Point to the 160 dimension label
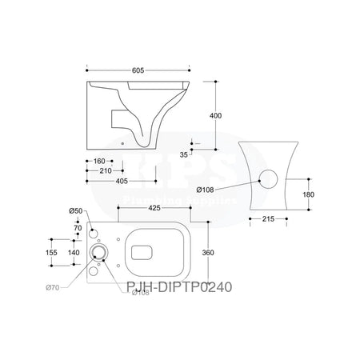click(x=98, y=159)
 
